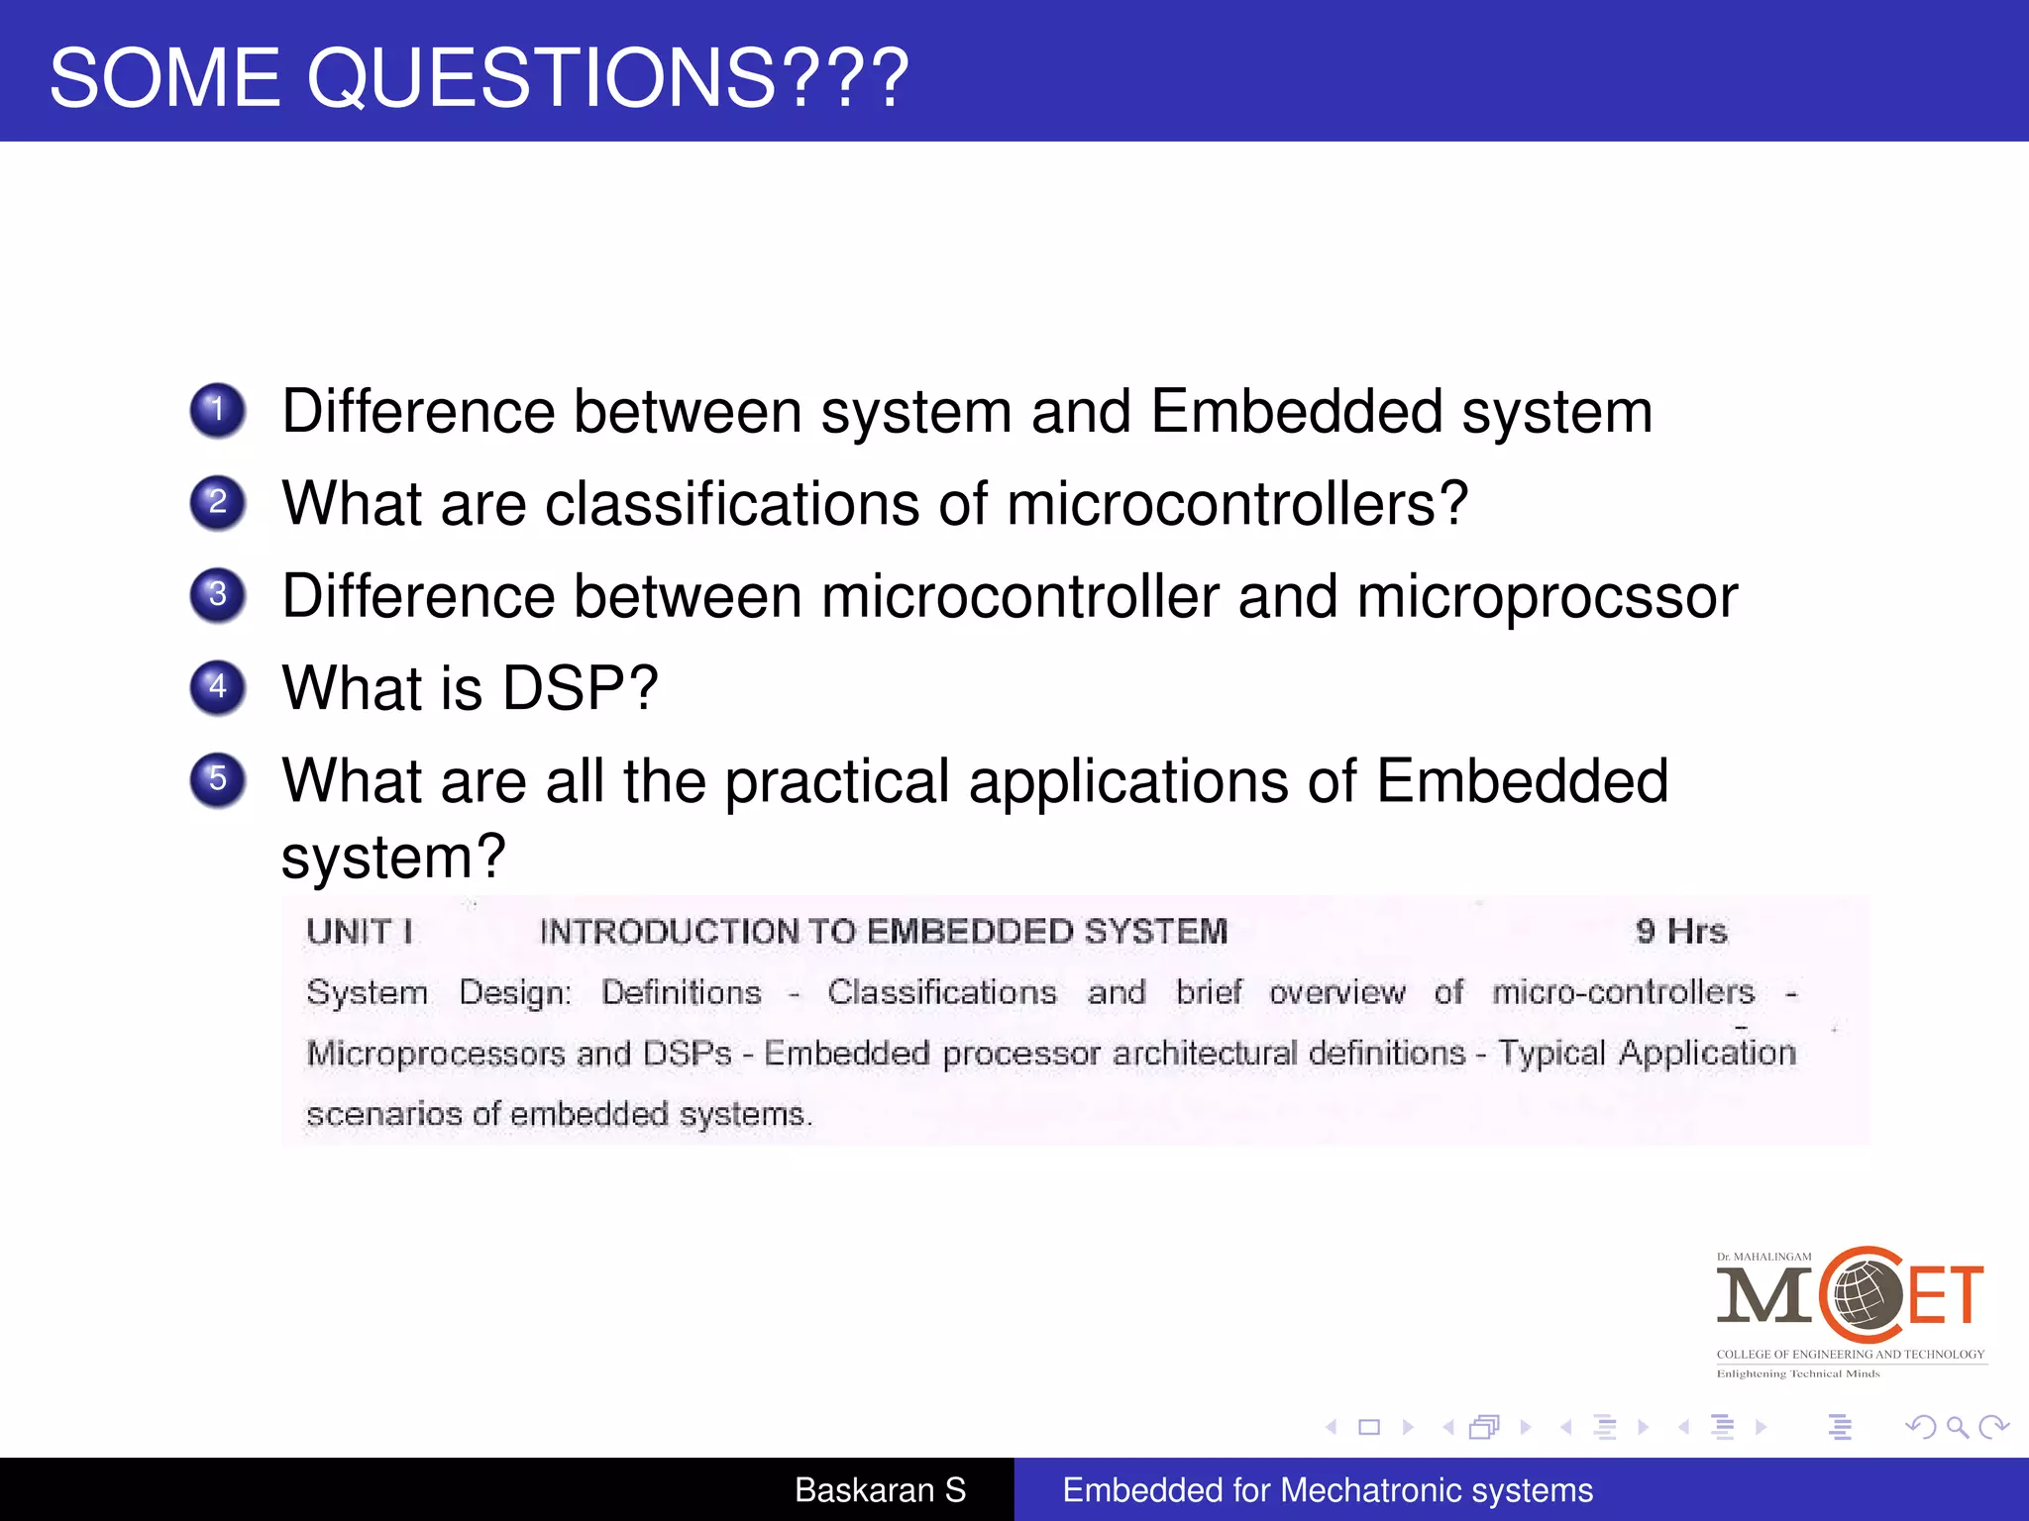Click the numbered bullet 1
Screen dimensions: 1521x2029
point(217,410)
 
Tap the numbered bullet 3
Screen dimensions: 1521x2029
point(217,595)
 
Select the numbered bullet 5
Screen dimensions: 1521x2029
point(217,780)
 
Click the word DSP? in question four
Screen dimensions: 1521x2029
point(580,687)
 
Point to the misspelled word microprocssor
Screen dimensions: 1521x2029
point(1547,597)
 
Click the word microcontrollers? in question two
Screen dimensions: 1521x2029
point(1236,503)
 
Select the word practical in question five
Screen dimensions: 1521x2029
point(837,782)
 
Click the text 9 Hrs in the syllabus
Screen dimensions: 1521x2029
point(1681,931)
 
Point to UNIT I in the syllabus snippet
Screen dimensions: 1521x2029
point(360,931)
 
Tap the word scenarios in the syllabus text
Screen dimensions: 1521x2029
point(384,1114)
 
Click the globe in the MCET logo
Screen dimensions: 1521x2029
point(1865,1295)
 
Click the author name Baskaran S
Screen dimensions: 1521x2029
point(880,1490)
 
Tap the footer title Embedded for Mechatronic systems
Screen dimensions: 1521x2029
point(1328,1490)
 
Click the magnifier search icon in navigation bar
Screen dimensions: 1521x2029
point(1957,1427)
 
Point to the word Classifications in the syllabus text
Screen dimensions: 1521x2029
point(942,992)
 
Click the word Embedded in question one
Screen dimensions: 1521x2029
point(1297,412)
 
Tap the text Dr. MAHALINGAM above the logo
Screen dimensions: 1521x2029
point(1763,1257)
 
